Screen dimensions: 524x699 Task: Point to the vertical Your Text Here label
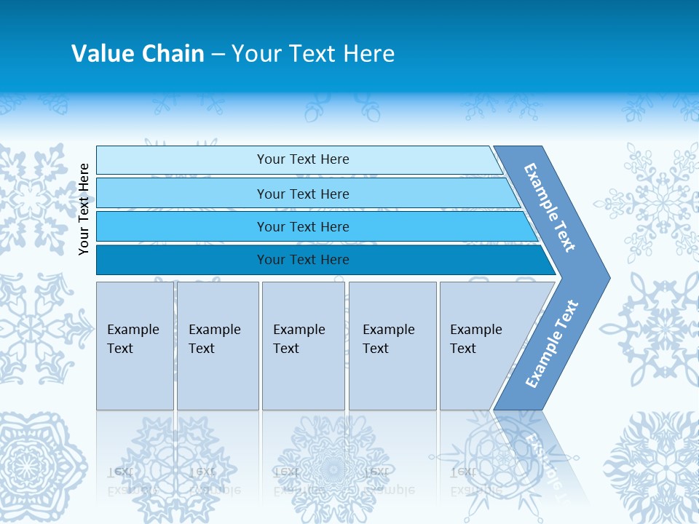pyautogui.click(x=84, y=209)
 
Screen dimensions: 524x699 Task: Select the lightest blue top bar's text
pyautogui.click(x=303, y=159)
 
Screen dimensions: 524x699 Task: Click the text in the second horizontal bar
pyautogui.click(x=303, y=194)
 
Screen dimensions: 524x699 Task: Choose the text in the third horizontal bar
pyautogui.click(x=303, y=227)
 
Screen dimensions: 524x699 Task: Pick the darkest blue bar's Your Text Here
pyautogui.click(x=303, y=260)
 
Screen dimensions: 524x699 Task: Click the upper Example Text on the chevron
pyautogui.click(x=550, y=207)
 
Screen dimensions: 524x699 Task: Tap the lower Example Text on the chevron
pyautogui.click(x=552, y=344)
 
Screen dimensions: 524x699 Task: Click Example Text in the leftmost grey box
pyautogui.click(x=133, y=339)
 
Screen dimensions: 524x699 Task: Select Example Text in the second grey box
pyautogui.click(x=214, y=339)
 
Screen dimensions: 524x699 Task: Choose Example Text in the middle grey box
pyautogui.click(x=299, y=339)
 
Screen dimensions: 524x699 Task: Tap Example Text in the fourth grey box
pyautogui.click(x=388, y=339)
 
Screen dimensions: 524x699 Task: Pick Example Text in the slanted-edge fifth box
pyautogui.click(x=475, y=339)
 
